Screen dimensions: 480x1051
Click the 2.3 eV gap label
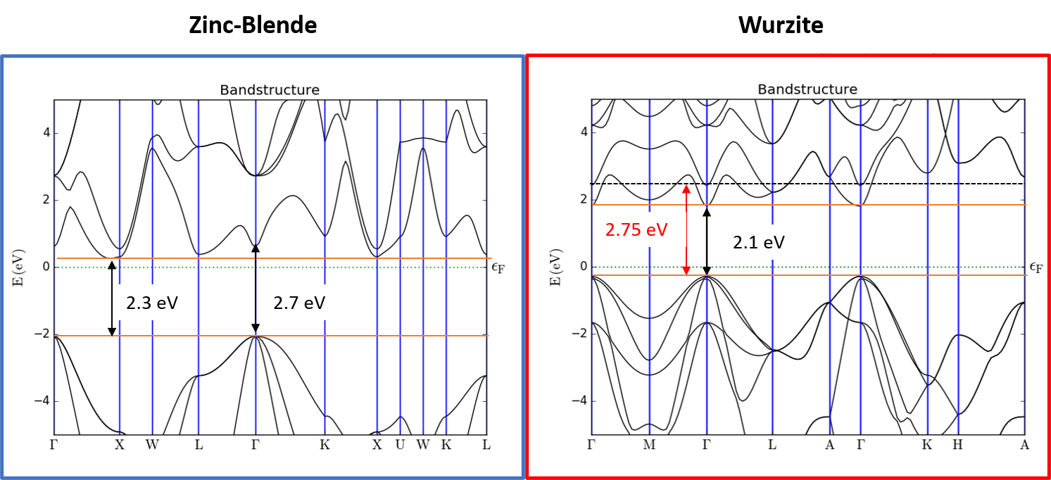click(152, 303)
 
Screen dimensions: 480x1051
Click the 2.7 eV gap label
click(299, 303)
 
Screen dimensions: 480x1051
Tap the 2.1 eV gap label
click(758, 243)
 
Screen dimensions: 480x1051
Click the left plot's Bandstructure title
click(270, 90)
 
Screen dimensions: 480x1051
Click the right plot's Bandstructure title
click(807, 89)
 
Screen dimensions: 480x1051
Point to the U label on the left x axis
click(401, 445)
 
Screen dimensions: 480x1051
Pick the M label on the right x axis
click(649, 445)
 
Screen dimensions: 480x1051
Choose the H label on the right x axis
click(957, 445)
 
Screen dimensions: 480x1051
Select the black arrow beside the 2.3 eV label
click(111, 298)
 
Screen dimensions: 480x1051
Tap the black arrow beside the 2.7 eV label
click(256, 288)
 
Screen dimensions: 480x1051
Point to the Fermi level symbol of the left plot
click(499, 267)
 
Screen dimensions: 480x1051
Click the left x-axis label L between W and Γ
click(198, 445)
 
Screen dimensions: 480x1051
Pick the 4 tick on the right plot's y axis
click(582, 132)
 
